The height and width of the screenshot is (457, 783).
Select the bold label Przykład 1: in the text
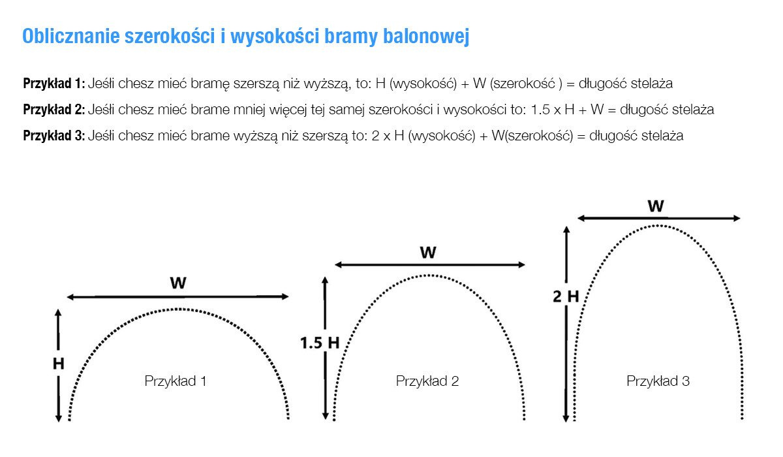[x=54, y=84]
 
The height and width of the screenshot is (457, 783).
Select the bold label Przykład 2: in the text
[x=54, y=110]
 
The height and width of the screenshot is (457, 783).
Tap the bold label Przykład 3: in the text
[x=54, y=136]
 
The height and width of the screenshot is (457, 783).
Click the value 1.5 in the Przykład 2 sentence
[x=541, y=110]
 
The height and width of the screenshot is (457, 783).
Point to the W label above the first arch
[x=178, y=283]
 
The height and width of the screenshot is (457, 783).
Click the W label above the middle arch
[x=428, y=252]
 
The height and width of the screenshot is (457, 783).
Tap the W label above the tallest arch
[x=656, y=206]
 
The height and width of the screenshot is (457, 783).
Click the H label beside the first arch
[x=58, y=364]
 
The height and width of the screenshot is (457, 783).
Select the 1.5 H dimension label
[x=320, y=343]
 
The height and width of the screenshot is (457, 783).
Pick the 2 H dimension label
[x=566, y=296]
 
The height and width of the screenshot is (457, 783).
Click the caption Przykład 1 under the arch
[x=176, y=381]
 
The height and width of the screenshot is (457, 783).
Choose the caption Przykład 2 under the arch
[x=427, y=381]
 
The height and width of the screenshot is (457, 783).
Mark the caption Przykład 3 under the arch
[x=658, y=381]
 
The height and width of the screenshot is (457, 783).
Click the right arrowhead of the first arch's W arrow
[x=285, y=296]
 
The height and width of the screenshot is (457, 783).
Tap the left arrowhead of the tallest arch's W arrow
[x=581, y=218]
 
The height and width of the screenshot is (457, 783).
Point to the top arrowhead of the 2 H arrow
[x=566, y=230]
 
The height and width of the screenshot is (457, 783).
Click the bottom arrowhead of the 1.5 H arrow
[x=326, y=416]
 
